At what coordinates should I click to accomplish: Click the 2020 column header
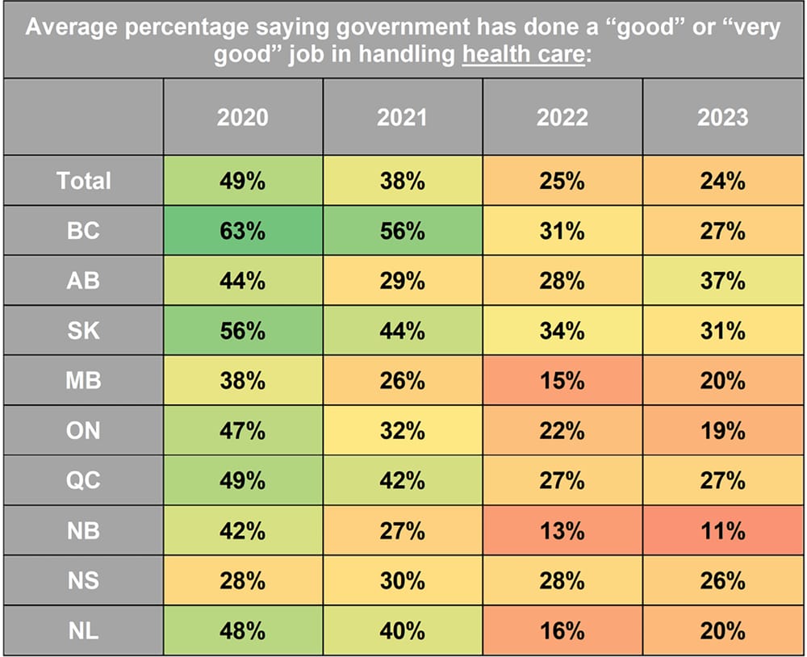(242, 118)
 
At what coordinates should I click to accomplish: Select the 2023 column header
(722, 118)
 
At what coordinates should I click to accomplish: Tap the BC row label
(83, 231)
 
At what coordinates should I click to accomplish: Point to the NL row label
(83, 630)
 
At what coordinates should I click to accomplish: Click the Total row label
(83, 181)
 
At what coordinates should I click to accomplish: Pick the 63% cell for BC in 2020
(242, 231)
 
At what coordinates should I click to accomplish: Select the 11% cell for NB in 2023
(722, 530)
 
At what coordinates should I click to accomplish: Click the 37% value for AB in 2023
(722, 281)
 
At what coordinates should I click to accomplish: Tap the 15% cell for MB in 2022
(562, 380)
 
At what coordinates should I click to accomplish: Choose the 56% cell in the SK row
(242, 331)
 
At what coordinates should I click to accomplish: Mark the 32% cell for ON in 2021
(403, 430)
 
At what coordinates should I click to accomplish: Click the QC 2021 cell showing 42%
(403, 480)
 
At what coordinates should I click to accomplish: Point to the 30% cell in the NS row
(403, 580)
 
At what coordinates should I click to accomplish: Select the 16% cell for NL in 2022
(562, 630)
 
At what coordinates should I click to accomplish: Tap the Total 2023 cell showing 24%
(722, 181)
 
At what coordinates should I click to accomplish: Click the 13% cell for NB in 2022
(562, 530)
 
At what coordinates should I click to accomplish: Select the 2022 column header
(562, 118)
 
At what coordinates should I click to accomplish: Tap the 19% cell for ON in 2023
(722, 430)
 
